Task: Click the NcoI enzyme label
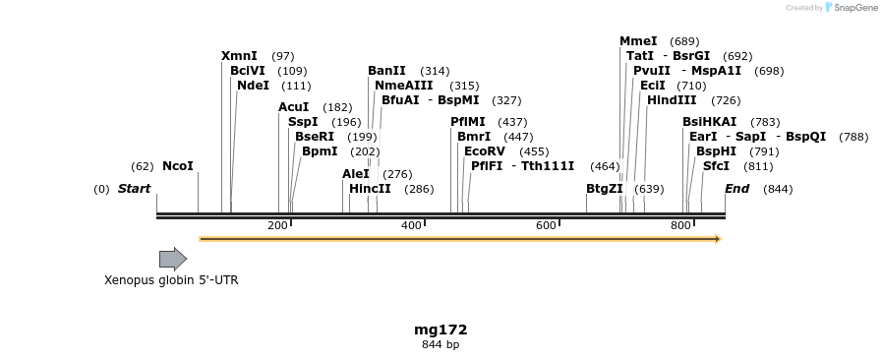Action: click(x=178, y=166)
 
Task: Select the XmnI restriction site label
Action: click(x=239, y=56)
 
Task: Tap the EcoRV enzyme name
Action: click(x=484, y=151)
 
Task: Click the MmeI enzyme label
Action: click(x=638, y=41)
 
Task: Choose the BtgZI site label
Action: click(x=605, y=189)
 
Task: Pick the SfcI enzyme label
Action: click(x=716, y=166)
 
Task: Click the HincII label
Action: click(x=370, y=189)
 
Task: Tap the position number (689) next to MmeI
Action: click(x=684, y=41)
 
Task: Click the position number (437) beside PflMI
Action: click(x=512, y=122)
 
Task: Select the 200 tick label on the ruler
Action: click(x=277, y=226)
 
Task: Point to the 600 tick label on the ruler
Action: click(x=546, y=226)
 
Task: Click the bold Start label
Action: click(x=135, y=189)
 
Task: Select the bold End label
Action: click(x=737, y=189)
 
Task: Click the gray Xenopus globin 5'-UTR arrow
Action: click(x=173, y=259)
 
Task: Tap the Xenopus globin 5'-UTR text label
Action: click(x=171, y=280)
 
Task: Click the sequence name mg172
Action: click(x=441, y=330)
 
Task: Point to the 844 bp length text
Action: click(x=441, y=345)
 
